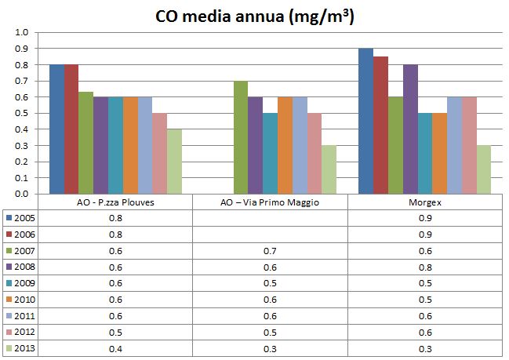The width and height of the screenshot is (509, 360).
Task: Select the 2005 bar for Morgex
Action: (365, 121)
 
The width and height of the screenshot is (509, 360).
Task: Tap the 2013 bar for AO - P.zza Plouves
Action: (174, 161)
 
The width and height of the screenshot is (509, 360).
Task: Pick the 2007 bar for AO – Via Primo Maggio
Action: (241, 137)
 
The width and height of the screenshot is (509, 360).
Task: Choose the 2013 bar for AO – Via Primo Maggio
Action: (329, 169)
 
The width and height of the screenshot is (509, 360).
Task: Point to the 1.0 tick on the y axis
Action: (21, 33)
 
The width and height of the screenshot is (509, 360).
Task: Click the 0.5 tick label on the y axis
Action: (21, 113)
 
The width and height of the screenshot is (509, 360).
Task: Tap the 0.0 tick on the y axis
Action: (21, 194)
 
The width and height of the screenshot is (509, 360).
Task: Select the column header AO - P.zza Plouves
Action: (115, 202)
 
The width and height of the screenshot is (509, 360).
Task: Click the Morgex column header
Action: (424, 202)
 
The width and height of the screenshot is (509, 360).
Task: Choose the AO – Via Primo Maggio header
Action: (270, 202)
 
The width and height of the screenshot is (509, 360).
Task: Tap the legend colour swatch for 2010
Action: (9, 300)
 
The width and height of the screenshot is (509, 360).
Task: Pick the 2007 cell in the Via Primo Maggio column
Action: (270, 251)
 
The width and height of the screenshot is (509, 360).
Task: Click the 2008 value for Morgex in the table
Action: (424, 267)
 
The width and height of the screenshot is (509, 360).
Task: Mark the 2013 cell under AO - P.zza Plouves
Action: (115, 349)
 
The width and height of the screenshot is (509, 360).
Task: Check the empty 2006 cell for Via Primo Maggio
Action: (270, 235)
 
